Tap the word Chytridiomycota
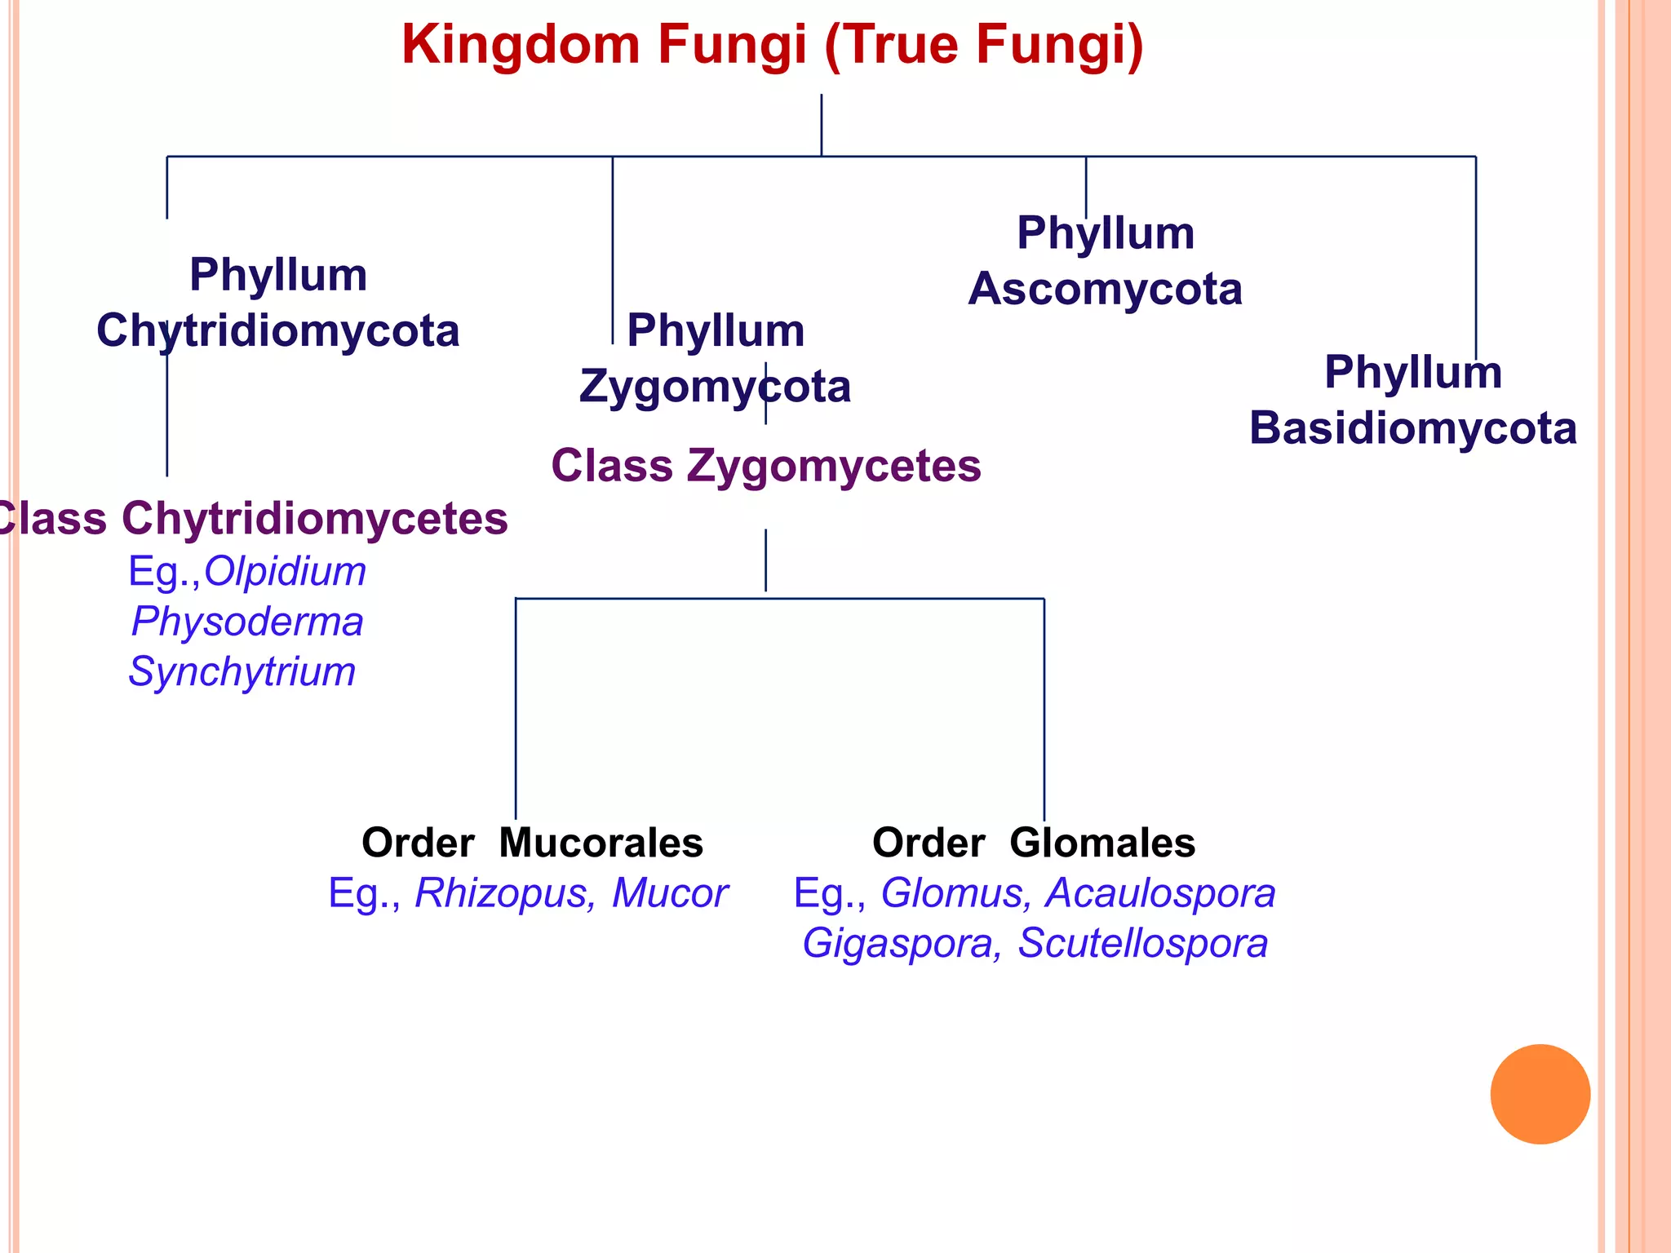click(278, 331)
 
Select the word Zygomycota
click(715, 387)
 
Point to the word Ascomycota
click(1105, 290)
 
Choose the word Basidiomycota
click(1412, 428)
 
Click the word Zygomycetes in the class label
click(834, 467)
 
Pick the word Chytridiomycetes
click(315, 519)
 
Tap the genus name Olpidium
click(285, 571)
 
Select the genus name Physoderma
click(247, 622)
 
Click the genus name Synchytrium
click(242, 672)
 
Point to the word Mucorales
click(601, 843)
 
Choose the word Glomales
click(1102, 843)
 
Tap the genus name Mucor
click(669, 893)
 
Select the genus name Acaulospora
click(1161, 893)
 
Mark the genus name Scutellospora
click(1142, 944)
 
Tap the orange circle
click(1540, 1094)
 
